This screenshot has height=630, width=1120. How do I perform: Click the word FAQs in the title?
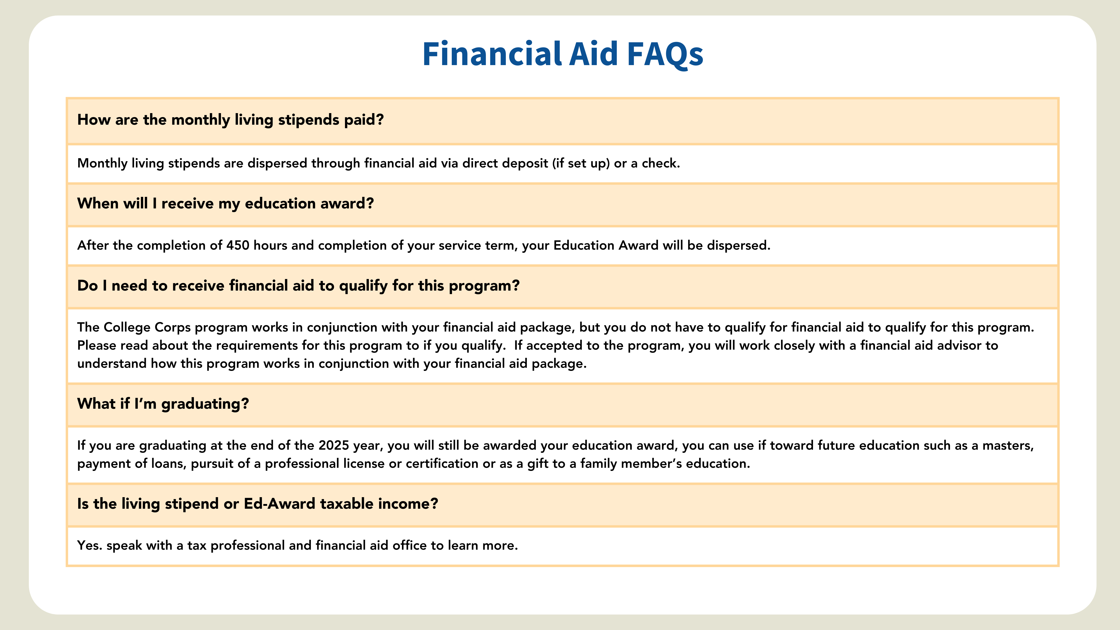pos(665,54)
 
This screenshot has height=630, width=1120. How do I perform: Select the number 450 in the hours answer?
pos(237,245)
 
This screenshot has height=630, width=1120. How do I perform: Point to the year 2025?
pos(333,445)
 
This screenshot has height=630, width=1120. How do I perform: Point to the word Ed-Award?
pos(279,504)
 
